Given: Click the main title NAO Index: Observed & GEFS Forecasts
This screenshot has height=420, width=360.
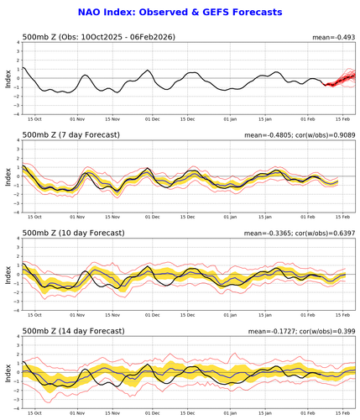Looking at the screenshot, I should tap(180, 13).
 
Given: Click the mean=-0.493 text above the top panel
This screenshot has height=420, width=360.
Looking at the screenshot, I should tap(334, 36).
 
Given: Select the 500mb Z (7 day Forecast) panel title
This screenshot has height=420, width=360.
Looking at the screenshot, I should tap(71, 135).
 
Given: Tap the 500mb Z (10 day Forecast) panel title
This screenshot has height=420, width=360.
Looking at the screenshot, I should tap(73, 232).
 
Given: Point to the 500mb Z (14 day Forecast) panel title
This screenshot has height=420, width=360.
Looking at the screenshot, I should tap(73, 328).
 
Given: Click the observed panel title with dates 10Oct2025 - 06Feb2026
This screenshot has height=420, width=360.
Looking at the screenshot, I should tap(100, 37).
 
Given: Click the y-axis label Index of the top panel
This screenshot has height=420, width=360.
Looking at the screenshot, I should tap(8, 80).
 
